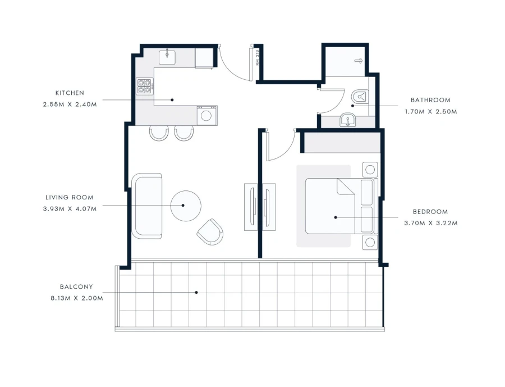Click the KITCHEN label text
69,93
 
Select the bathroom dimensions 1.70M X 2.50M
430,111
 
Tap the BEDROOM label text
430,212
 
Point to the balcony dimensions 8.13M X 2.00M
76,298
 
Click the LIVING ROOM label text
70,198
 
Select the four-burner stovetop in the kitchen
144,86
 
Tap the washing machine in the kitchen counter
206,116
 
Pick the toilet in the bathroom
359,97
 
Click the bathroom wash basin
347,119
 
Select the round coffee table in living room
185,206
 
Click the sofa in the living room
147,206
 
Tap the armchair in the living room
210,231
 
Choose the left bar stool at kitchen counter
159,133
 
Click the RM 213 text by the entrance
257,58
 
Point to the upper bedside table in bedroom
370,169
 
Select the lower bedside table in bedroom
370,243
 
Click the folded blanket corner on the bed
345,187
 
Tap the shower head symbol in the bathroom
359,60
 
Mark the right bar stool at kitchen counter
183,133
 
